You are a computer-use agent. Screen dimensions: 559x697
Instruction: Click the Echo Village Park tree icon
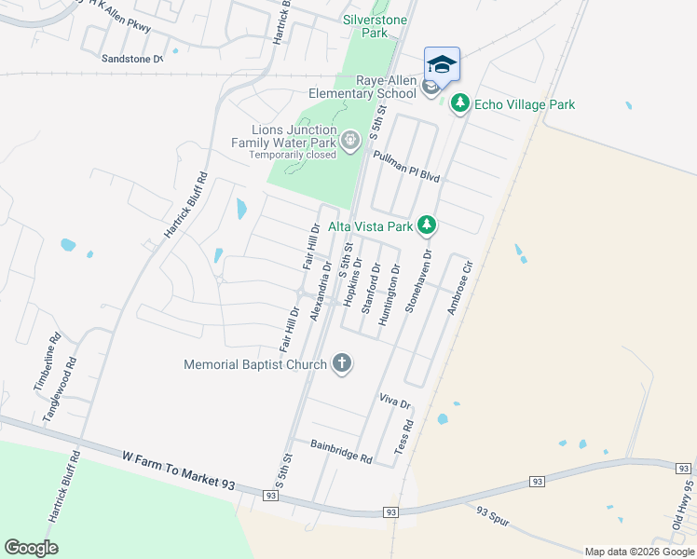click(x=458, y=103)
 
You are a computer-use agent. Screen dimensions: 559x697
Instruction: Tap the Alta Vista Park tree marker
click(x=427, y=225)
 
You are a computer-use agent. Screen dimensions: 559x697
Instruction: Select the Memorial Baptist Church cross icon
click(x=342, y=364)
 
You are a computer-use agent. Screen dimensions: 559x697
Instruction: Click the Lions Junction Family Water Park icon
click(x=349, y=142)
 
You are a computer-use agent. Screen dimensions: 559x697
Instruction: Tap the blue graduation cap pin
click(x=442, y=64)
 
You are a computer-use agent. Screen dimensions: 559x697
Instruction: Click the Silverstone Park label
click(x=364, y=25)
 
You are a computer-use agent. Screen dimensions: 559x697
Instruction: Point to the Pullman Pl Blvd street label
click(x=405, y=166)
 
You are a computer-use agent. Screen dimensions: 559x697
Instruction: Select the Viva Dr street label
click(x=395, y=401)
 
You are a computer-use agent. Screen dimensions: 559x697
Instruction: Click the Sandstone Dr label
click(x=131, y=58)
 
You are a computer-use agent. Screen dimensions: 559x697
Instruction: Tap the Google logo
click(x=31, y=548)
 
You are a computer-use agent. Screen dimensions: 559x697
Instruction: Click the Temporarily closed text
click(x=292, y=156)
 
